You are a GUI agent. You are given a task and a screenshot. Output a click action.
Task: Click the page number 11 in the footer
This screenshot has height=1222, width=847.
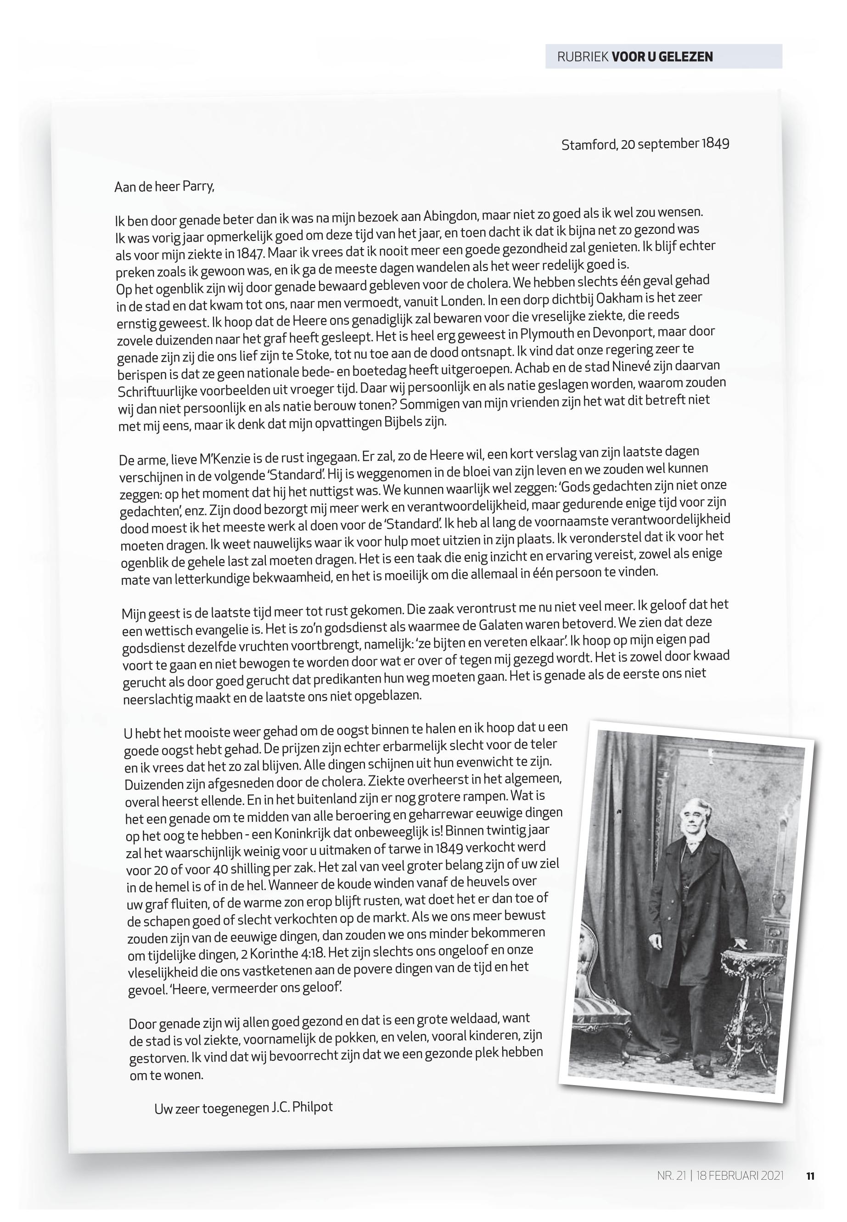click(x=810, y=1176)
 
